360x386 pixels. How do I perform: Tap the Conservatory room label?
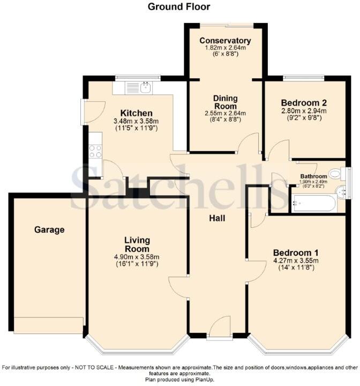pos(225,41)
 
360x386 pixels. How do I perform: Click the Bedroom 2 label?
pos(304,102)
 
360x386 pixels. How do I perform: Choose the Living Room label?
pos(137,244)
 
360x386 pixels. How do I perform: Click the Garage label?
pos(49,230)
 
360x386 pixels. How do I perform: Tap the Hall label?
pos(217,218)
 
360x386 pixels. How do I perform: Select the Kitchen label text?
pos(137,113)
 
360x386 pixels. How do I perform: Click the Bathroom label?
pos(313,176)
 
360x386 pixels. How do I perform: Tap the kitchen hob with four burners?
pos(95,152)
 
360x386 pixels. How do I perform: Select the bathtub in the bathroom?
pos(313,204)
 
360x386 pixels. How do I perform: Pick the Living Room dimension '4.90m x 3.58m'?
pos(137,257)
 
